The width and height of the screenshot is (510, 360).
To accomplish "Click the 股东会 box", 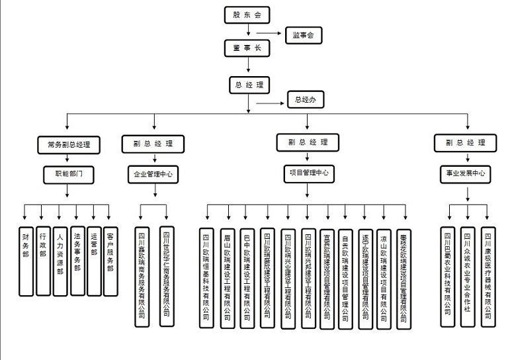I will pyautogui.click(x=247, y=14).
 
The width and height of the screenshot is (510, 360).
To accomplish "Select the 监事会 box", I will pyautogui.click(x=303, y=36).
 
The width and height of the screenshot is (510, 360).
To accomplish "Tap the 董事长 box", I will pyautogui.click(x=247, y=48).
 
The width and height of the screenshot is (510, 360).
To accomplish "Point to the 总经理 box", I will pyautogui.click(x=249, y=85).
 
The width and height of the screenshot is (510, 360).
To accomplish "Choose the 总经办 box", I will pyautogui.click(x=305, y=101).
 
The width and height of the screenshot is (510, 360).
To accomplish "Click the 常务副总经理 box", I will pyautogui.click(x=69, y=144).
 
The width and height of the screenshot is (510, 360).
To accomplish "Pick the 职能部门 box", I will pyautogui.click(x=69, y=175).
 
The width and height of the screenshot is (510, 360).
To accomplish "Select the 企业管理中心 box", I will pyautogui.click(x=154, y=175).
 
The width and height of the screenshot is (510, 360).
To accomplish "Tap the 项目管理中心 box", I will pyautogui.click(x=308, y=173).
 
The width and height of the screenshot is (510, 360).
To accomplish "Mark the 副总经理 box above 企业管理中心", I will pyautogui.click(x=154, y=144).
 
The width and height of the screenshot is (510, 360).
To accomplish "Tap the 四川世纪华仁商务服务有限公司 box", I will pyautogui.click(x=167, y=276).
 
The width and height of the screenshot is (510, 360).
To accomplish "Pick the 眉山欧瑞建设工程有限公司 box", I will pyautogui.click(x=227, y=278).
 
